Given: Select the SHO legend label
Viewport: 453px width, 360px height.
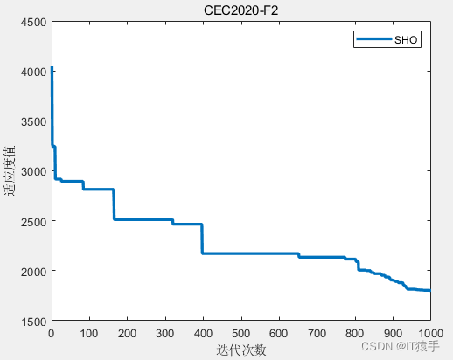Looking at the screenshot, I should pyautogui.click(x=406, y=40).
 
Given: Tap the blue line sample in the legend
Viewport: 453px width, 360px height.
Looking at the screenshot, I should pyautogui.click(x=373, y=40).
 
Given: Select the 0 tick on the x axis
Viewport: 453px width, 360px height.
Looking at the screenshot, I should pyautogui.click(x=51, y=333).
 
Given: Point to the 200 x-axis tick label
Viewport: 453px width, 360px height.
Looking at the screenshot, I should pyautogui.click(x=127, y=333).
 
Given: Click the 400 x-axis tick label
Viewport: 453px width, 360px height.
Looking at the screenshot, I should pyautogui.click(x=203, y=333).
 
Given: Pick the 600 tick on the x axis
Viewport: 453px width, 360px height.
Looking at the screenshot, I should pyautogui.click(x=279, y=333).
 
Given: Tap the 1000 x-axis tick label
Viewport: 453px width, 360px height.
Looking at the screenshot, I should pyautogui.click(x=429, y=333).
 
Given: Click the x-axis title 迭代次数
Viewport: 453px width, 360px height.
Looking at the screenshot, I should pyautogui.click(x=240, y=350).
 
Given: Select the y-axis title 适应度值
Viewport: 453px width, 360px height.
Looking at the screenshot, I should pyautogui.click(x=10, y=171).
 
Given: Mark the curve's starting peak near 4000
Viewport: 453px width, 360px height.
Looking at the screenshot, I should pyautogui.click(x=52, y=68).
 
